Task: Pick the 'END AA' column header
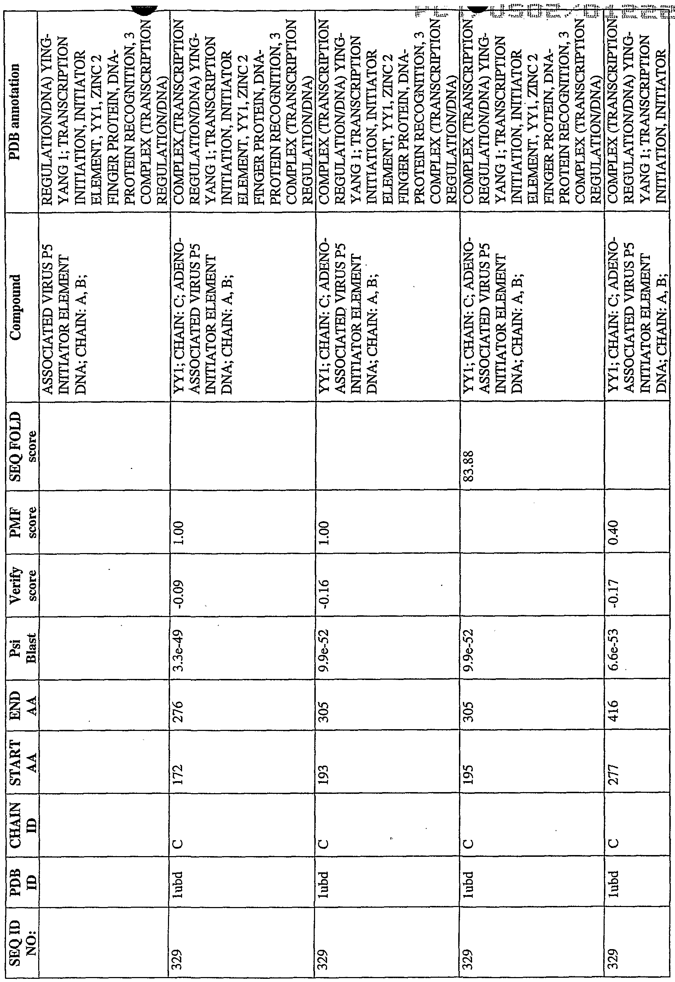point(19,711)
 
